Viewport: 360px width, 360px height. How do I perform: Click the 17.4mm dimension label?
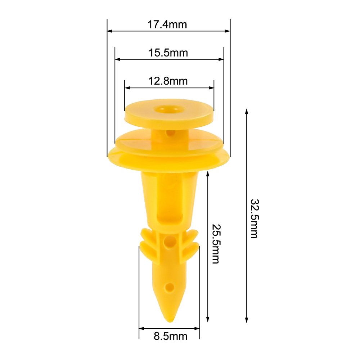(x=167, y=24)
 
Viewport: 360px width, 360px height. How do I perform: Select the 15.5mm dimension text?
(x=168, y=53)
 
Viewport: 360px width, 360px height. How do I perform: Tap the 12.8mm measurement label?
(x=168, y=81)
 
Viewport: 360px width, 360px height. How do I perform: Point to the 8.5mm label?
(x=171, y=336)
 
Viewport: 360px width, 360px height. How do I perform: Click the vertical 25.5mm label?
(x=216, y=244)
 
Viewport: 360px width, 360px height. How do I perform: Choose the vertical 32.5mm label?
(x=255, y=219)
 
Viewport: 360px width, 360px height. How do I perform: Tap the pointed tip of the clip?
(x=170, y=321)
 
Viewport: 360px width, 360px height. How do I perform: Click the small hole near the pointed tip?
(x=170, y=287)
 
